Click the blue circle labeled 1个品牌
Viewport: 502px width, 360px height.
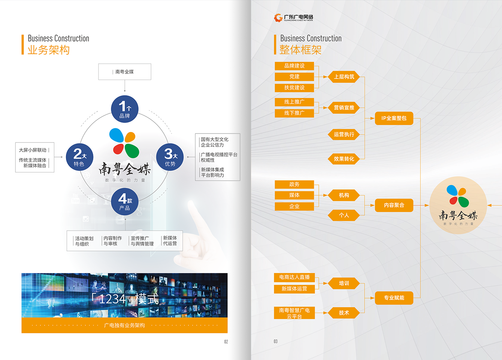click(125, 109)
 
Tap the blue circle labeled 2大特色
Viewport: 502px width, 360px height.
click(79, 157)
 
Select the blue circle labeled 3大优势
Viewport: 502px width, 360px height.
click(170, 157)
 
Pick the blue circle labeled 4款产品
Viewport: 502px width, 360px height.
click(125, 202)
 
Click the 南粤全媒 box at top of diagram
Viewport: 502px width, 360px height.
click(125, 72)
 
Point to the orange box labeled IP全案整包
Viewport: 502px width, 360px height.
click(394, 118)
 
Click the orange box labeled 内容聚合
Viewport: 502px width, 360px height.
click(394, 205)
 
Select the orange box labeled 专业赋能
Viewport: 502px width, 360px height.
click(394, 298)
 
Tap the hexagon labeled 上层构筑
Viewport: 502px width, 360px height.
click(344, 77)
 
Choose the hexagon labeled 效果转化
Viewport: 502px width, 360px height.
click(344, 159)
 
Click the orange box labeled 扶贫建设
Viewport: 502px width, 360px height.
click(294, 88)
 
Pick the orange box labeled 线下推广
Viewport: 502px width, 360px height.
click(294, 113)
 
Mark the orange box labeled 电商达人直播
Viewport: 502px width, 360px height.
click(294, 277)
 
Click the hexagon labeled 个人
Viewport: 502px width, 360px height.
click(344, 215)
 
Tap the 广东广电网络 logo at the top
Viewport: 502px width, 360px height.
click(294, 17)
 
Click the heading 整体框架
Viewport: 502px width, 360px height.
click(300, 50)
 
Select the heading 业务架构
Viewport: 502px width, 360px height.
click(49, 50)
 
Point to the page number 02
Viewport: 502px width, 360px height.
click(226, 342)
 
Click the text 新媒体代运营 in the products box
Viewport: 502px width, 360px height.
click(170, 241)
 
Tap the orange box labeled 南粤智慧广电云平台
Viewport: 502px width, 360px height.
click(294, 313)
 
